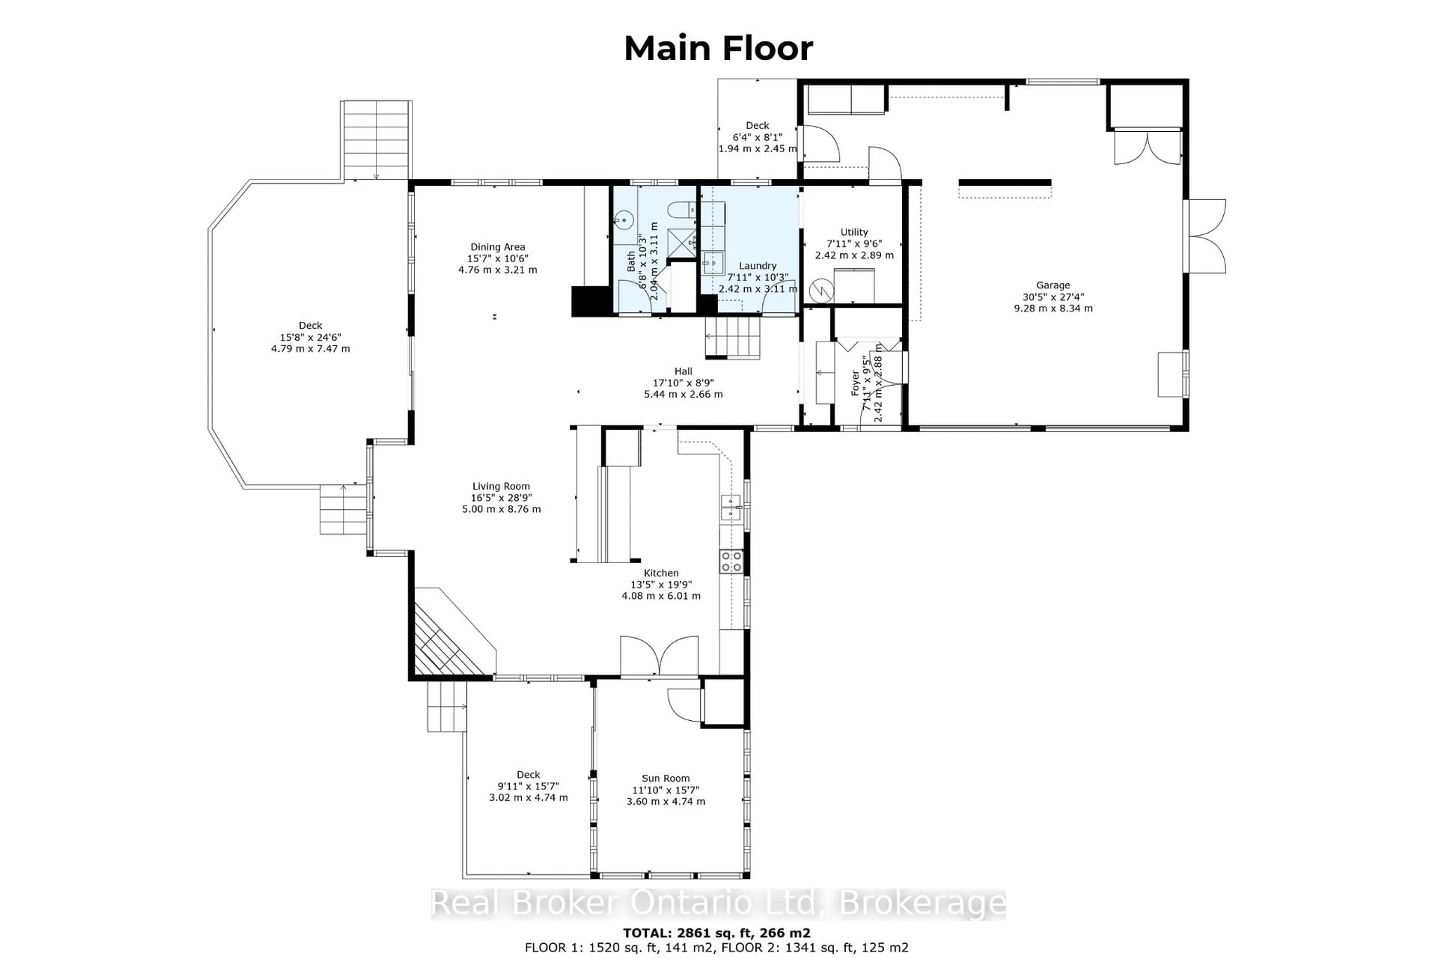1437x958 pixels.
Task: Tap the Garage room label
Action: [1053, 285]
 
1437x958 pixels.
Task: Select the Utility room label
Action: [854, 232]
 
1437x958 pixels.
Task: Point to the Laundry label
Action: [757, 266]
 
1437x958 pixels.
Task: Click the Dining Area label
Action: [497, 247]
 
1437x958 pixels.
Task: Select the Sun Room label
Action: [665, 778]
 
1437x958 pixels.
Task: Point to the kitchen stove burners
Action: [731, 561]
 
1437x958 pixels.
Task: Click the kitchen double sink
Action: [731, 508]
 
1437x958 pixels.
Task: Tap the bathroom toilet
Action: [681, 211]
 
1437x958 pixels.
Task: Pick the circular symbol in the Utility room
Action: [821, 290]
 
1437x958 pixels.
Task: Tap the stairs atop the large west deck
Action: [376, 140]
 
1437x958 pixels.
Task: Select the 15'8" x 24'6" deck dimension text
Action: [310, 337]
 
